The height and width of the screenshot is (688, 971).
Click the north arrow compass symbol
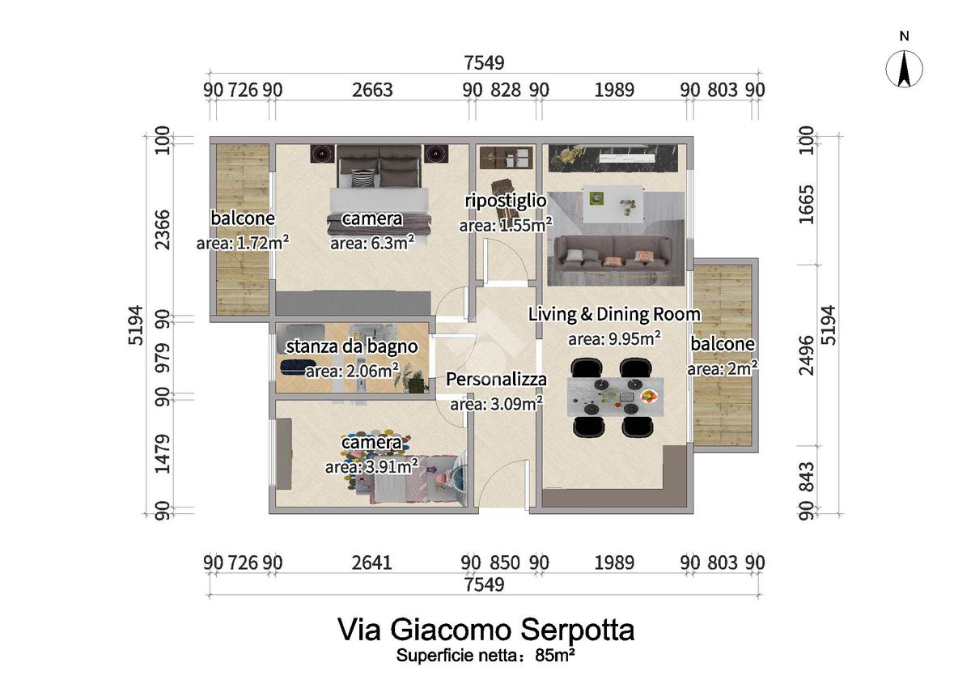tap(905, 69)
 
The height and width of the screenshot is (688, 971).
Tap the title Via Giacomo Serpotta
tap(485, 630)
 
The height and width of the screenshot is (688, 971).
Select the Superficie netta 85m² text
tap(485, 656)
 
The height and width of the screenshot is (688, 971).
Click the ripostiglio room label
tap(505, 200)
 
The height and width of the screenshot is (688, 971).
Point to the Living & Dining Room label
tap(614, 314)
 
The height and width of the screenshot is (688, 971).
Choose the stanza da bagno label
tap(352, 346)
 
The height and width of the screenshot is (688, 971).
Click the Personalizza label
tap(496, 379)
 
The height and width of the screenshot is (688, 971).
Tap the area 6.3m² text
tap(372, 241)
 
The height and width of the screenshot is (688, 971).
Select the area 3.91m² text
tap(371, 466)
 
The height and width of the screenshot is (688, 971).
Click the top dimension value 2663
tap(372, 90)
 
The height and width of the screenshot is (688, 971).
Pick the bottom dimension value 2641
tap(372, 562)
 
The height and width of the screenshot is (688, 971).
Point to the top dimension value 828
tap(506, 90)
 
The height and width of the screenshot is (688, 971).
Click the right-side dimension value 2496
tap(826, 355)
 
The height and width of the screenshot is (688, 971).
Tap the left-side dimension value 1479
tap(161, 452)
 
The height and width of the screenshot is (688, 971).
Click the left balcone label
tap(243, 218)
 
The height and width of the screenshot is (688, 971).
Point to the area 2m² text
tap(723, 368)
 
